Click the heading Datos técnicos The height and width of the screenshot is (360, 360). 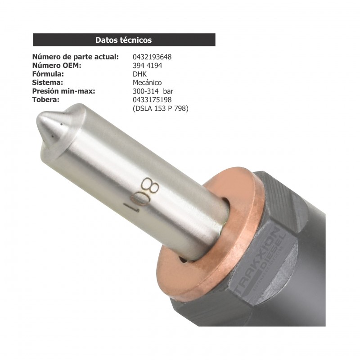click(123, 40)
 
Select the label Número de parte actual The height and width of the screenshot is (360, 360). click(76, 57)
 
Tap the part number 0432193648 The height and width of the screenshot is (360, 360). click(152, 57)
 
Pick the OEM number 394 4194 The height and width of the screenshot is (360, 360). click(147, 66)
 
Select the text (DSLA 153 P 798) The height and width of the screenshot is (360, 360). click(160, 108)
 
